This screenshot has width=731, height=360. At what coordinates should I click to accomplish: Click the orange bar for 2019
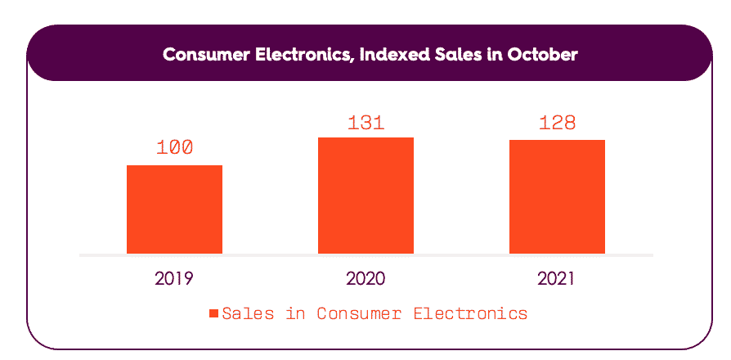[174, 209]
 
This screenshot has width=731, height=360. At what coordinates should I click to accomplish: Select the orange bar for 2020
[365, 196]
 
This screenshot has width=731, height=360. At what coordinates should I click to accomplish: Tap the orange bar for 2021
[557, 197]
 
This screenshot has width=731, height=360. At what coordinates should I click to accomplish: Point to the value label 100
[174, 148]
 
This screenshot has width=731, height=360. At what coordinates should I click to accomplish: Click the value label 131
[365, 123]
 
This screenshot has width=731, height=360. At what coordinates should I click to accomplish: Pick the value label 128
[557, 124]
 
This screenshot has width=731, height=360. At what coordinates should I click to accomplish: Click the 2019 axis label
[174, 278]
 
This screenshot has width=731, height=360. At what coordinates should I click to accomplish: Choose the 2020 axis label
[365, 278]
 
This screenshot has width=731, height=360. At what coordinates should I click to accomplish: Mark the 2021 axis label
[557, 278]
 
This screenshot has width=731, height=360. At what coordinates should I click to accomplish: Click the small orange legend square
[213, 313]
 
